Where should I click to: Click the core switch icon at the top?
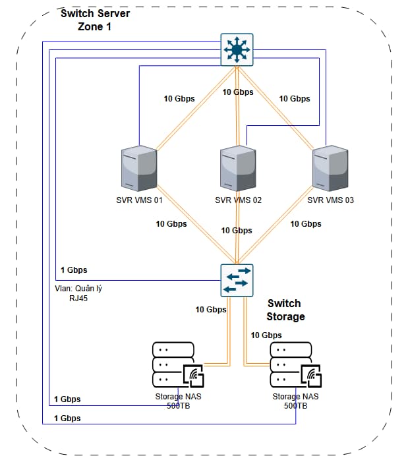236,49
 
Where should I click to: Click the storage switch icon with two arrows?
236,279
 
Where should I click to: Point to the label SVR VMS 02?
238,200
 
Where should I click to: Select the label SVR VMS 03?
331,200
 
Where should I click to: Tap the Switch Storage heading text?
285,310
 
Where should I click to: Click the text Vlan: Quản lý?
79,288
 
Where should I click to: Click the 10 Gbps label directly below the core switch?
238,92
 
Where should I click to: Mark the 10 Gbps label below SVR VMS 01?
171,224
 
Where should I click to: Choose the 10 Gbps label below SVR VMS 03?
306,224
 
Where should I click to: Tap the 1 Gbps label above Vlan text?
74,270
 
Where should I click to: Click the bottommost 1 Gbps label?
67,418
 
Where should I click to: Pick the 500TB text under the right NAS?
295,407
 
